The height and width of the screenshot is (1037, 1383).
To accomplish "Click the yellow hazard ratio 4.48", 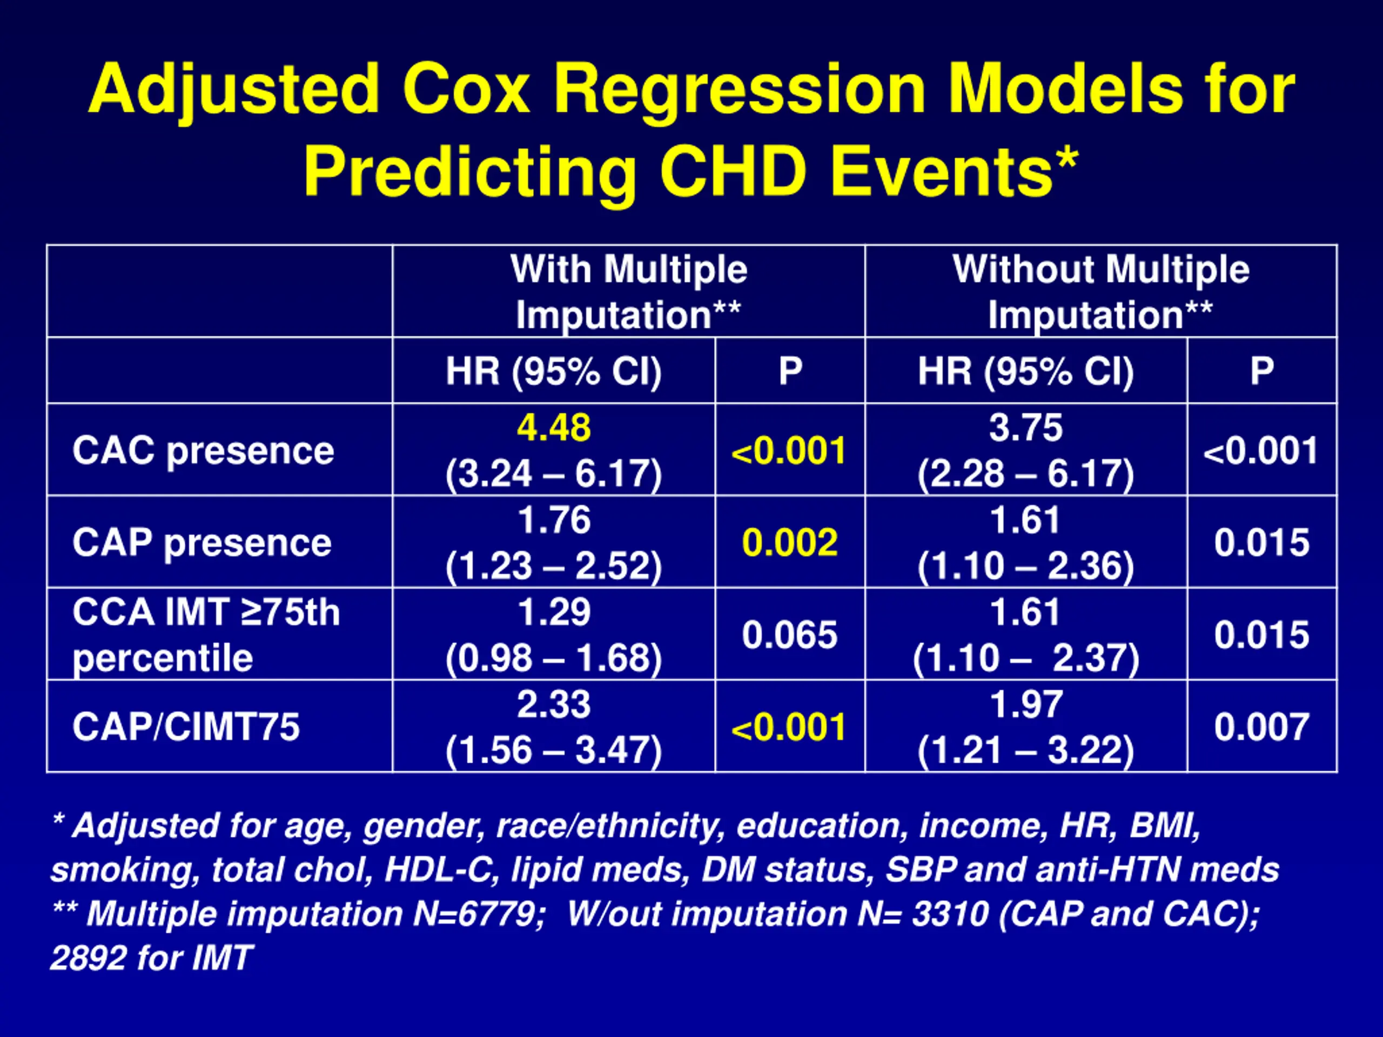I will [x=553, y=428].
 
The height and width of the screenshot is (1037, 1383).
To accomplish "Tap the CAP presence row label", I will [x=202, y=543].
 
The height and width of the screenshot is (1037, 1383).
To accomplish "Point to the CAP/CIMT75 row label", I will [x=186, y=727].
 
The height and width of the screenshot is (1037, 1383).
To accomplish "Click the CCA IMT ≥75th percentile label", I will [x=206, y=635].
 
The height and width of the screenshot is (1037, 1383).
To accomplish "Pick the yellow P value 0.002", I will [x=790, y=543].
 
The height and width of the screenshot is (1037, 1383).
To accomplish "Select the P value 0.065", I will [x=790, y=635].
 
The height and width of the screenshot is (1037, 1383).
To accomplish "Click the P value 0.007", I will [x=1261, y=727].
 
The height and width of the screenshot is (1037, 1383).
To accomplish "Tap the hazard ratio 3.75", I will [x=1025, y=428].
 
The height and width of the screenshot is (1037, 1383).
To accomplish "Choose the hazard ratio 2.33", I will [x=553, y=704].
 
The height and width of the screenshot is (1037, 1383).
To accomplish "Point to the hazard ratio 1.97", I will [x=1025, y=704].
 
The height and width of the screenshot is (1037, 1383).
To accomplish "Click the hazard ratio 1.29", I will [x=553, y=612].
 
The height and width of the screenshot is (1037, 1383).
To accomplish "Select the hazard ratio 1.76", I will [x=553, y=520].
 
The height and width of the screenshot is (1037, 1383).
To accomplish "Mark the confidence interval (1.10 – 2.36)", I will [x=1025, y=567].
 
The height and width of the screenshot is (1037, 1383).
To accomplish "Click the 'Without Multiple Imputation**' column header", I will [x=1100, y=292].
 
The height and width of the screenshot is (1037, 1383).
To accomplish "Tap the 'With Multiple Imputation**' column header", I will [x=628, y=292].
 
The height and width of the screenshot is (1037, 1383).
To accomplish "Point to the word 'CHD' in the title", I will [x=733, y=172].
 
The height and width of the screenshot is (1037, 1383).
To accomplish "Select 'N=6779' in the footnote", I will [x=478, y=914].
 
